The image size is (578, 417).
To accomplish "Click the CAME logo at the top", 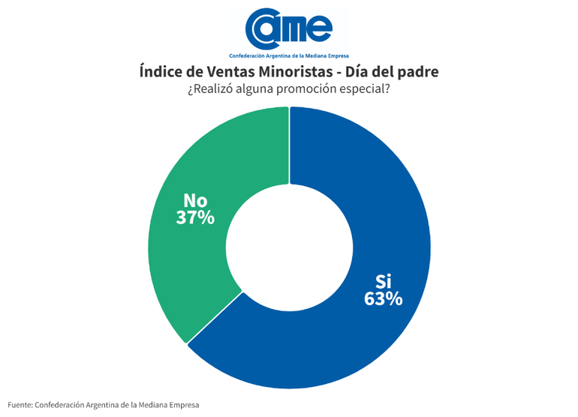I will tap(289, 28).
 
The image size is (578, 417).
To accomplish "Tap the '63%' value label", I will tap(383, 298).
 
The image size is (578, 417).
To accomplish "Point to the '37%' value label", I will tap(195, 217).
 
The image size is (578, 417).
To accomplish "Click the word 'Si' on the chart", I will tap(384, 281).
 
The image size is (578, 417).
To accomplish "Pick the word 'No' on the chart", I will tap(195, 200).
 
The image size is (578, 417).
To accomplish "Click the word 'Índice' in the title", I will tap(161, 72).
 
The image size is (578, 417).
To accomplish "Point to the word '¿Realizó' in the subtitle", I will tap(210, 90).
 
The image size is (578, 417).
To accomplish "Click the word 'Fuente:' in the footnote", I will tap(20, 405).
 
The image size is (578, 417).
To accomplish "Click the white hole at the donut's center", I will tap(289, 247).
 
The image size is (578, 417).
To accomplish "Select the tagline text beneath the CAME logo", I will tap(289, 56).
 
